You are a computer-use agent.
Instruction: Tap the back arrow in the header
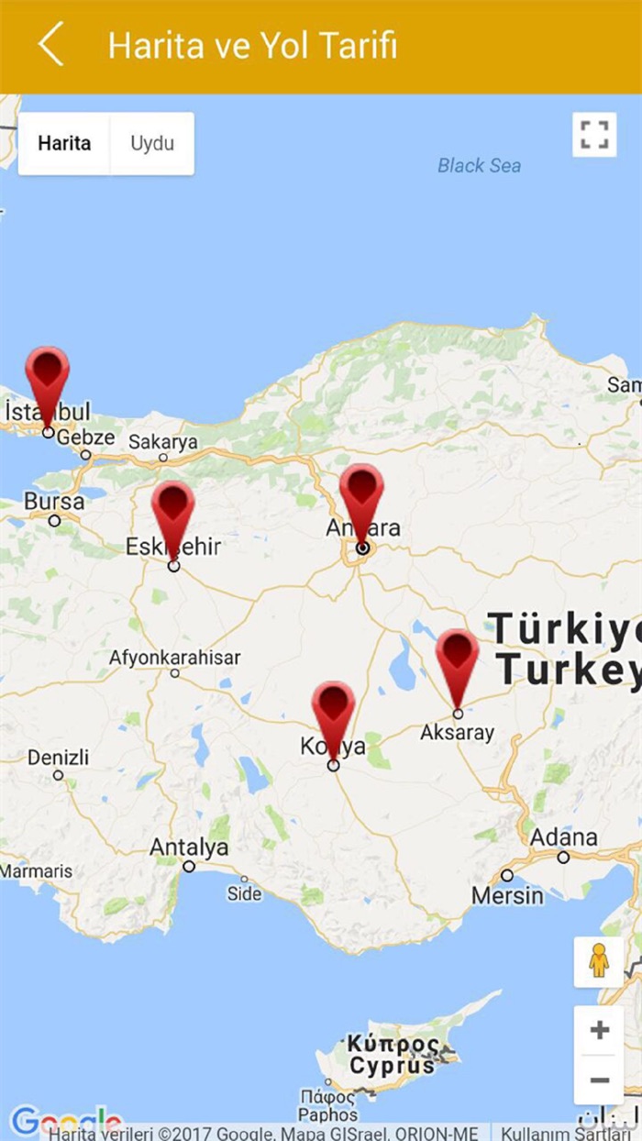click(x=51, y=44)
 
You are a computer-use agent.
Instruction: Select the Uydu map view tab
click(x=151, y=143)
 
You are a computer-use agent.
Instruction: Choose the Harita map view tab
click(x=64, y=143)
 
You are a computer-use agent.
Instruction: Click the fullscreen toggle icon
click(x=594, y=135)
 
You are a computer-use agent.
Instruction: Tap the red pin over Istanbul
click(x=47, y=375)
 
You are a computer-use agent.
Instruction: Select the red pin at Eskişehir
click(x=172, y=510)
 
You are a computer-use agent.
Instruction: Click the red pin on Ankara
click(x=361, y=493)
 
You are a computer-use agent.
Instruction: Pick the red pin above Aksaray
click(x=457, y=658)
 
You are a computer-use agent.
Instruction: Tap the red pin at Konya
click(x=333, y=710)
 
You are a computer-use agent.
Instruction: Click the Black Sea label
click(x=479, y=166)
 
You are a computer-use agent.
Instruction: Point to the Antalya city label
click(x=189, y=847)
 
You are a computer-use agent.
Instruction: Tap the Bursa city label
click(x=54, y=502)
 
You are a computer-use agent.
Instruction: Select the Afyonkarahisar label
click(x=174, y=658)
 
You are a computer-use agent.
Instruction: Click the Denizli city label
click(x=59, y=759)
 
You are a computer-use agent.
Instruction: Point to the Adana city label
click(x=563, y=837)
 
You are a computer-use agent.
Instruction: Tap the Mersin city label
click(x=507, y=894)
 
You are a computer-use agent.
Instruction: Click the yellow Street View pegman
click(x=599, y=961)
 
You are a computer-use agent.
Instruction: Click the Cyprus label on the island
click(x=392, y=1067)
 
